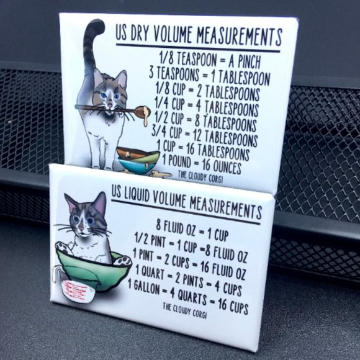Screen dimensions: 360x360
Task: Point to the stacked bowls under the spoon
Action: (x=137, y=160)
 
